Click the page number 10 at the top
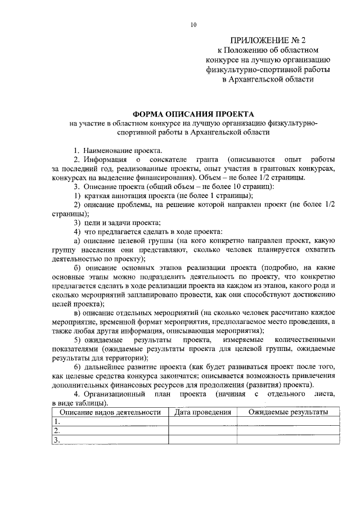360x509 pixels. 193,25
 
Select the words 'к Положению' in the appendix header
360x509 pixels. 238,51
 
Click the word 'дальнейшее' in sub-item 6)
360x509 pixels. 103,367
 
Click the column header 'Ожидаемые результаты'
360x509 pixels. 289,412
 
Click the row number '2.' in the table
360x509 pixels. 56,430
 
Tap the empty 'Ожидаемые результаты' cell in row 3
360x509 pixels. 289,440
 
